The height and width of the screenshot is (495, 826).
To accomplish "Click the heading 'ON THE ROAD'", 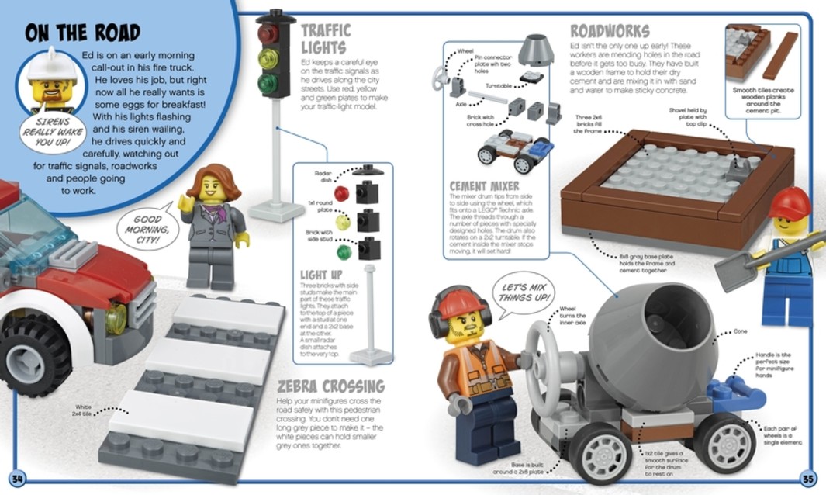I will pos(82,33).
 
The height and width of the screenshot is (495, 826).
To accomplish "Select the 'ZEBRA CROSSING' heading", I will pos(330,386).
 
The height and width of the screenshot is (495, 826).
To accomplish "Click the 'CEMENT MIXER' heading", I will pos(485,186).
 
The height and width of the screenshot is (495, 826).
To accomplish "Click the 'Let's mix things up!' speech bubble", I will pos(526,292).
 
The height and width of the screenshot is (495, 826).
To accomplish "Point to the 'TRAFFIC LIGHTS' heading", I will pos(326,38).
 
